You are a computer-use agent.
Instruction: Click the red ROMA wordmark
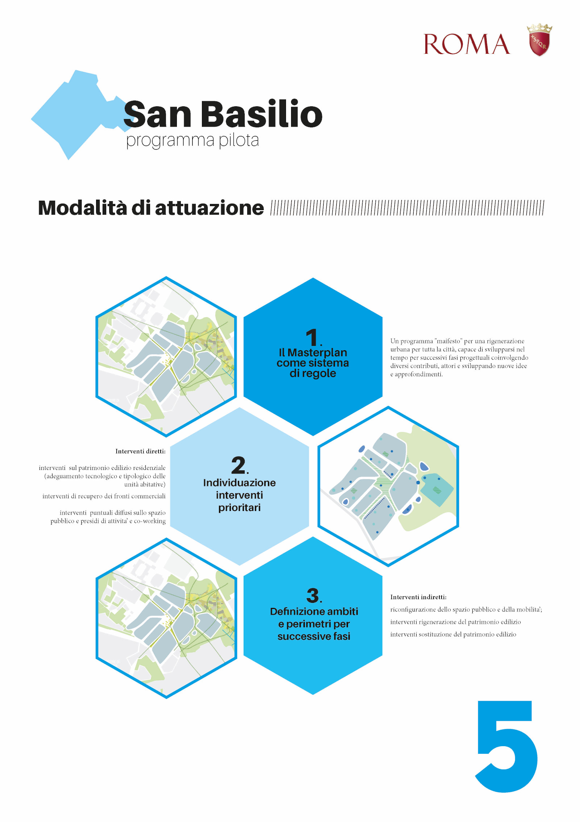click(x=467, y=44)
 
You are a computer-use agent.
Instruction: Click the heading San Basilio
click(x=223, y=114)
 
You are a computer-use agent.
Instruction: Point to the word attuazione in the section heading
click(x=210, y=208)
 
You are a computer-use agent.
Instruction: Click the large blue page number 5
click(x=506, y=747)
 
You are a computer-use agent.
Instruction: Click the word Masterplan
click(x=317, y=352)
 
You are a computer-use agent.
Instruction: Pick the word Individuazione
click(x=239, y=483)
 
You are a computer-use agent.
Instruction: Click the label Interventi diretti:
click(x=140, y=451)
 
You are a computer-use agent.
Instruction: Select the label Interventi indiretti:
click(x=418, y=597)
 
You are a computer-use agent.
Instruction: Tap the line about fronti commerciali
click(x=104, y=496)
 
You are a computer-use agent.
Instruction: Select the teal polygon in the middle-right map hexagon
click(x=436, y=489)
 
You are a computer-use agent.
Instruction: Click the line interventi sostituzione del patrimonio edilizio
click(x=453, y=634)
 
